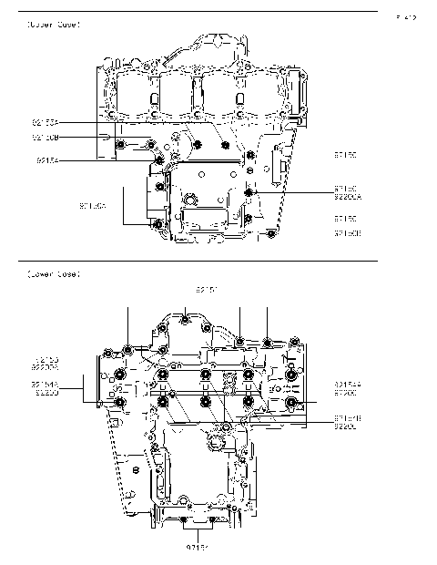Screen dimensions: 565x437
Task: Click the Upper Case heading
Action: pyautogui.click(x=54, y=24)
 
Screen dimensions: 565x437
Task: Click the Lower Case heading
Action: pyautogui.click(x=54, y=273)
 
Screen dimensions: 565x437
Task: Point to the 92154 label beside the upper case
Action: pyautogui.click(x=48, y=159)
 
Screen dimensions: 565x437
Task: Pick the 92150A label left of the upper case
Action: pyautogui.click(x=93, y=207)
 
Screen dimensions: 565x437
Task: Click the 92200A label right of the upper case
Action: pyautogui.click(x=349, y=196)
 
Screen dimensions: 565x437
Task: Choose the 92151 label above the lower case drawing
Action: pyautogui.click(x=207, y=289)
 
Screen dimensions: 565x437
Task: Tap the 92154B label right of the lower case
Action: pyautogui.click(x=349, y=418)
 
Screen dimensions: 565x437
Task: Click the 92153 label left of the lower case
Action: pyautogui.click(x=46, y=360)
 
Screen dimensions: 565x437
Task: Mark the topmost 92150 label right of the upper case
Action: pyautogui.click(x=346, y=156)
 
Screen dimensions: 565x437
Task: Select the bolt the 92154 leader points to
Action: pyautogui.click(x=160, y=160)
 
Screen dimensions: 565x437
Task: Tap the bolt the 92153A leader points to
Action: pyautogui.click(x=226, y=145)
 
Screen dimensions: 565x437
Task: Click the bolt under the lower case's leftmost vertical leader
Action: pyautogui.click(x=128, y=349)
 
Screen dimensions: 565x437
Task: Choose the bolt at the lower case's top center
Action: pyautogui.click(x=186, y=318)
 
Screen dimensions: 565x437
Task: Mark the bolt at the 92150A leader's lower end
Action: pyautogui.click(x=159, y=224)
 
